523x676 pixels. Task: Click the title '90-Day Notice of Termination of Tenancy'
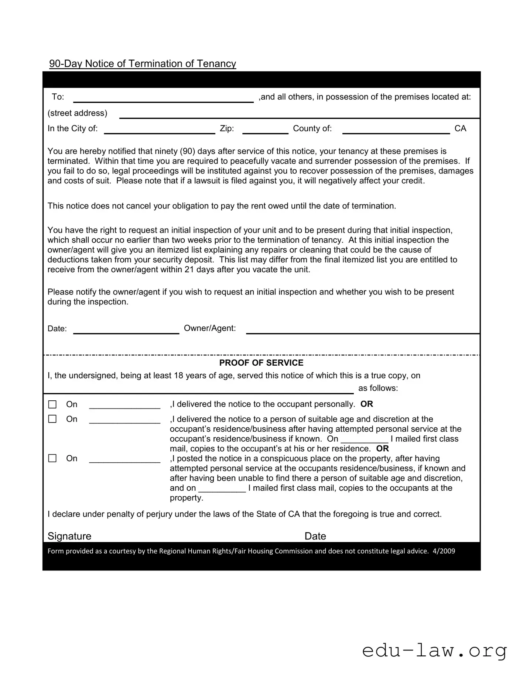pos(143,64)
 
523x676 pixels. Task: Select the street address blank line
pos(299,115)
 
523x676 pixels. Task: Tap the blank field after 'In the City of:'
pos(160,130)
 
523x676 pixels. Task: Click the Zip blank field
pos(265,130)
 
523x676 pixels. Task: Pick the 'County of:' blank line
pos(396,130)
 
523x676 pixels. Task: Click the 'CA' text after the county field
pos(460,128)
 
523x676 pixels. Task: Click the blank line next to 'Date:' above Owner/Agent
pos(126,330)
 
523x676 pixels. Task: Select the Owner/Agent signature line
pos(363,330)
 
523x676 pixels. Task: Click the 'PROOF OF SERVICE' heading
pos(261,363)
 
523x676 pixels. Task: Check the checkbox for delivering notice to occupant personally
pos(52,404)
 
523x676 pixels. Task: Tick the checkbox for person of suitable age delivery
pos(52,419)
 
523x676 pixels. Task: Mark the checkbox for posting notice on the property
pos(52,458)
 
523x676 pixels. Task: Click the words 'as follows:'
pos(378,388)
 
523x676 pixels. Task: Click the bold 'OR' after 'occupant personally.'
pos(367,404)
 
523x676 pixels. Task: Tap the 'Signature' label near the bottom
pos(69,536)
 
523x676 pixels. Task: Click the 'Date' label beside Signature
pos(315,536)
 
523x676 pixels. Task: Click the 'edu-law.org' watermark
pos(434,651)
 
